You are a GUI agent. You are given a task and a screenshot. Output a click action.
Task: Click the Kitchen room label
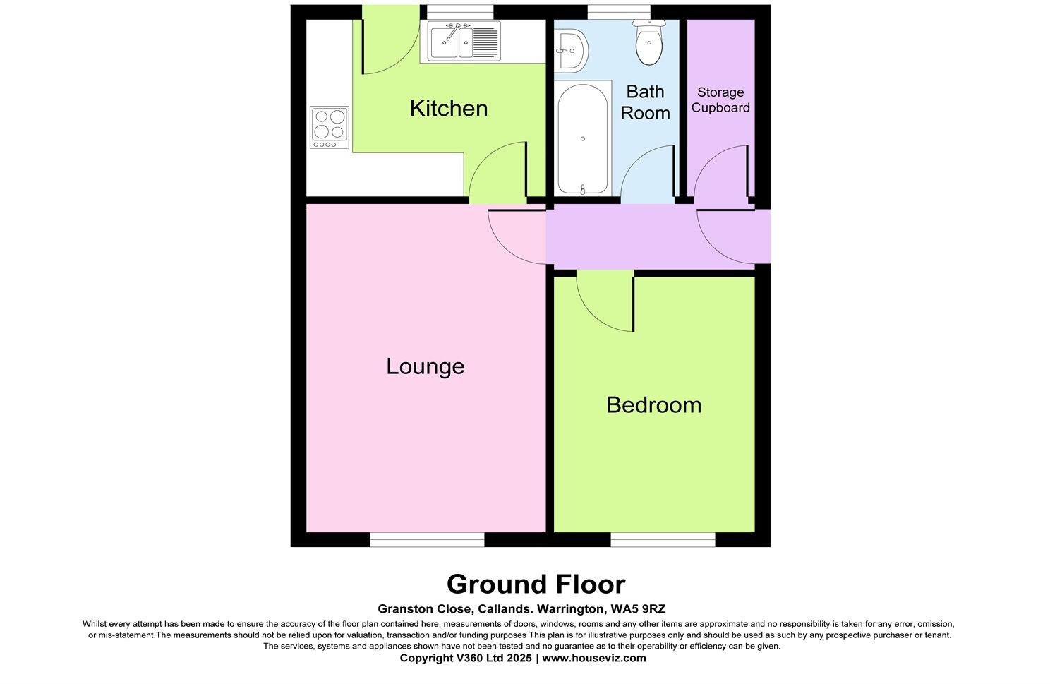(x=449, y=108)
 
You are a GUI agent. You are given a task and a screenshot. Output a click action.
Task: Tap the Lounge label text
(x=425, y=366)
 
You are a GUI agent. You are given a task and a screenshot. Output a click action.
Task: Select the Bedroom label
(x=653, y=404)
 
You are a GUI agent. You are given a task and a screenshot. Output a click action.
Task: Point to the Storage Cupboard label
(x=720, y=100)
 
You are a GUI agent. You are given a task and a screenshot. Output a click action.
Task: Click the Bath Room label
(x=645, y=102)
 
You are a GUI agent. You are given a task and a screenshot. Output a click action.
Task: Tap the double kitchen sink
(x=459, y=40)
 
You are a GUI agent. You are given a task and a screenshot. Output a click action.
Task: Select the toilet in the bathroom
(x=649, y=42)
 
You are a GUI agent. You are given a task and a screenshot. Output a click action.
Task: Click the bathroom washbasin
(x=570, y=50)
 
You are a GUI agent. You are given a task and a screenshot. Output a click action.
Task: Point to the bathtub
(x=582, y=138)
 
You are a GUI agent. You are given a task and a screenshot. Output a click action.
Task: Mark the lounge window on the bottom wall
(x=427, y=540)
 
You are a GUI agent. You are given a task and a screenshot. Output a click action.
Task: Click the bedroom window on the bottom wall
(x=663, y=540)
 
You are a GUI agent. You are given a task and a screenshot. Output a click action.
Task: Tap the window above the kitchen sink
(x=460, y=12)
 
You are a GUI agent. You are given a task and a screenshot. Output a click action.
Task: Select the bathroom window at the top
(x=619, y=12)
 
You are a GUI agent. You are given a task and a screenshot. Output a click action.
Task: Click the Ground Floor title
(x=536, y=584)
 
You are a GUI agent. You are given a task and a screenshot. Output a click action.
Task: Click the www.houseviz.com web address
(x=593, y=658)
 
